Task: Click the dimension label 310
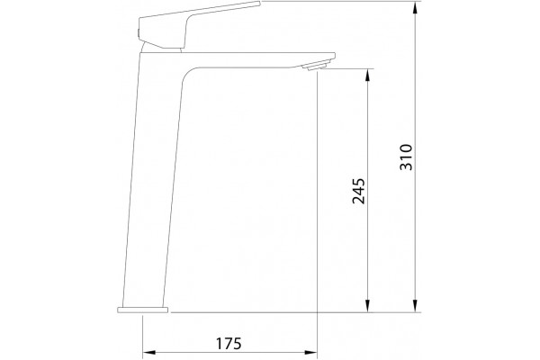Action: click(406, 157)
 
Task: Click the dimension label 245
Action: click(358, 191)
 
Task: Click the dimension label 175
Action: click(229, 344)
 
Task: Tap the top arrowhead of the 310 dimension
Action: click(416, 8)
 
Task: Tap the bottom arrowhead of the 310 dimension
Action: click(416, 306)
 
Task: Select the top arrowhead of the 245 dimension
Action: click(368, 76)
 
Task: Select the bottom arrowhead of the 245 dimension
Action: click(368, 306)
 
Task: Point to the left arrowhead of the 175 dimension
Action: click(149, 353)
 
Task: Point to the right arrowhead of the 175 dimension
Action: click(310, 353)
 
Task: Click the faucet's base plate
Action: click(142, 310)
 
